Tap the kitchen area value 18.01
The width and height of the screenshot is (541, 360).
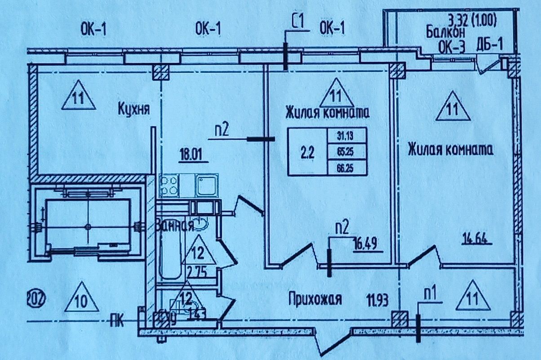pyautogui.click(x=193, y=157)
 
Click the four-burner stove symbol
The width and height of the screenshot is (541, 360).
pyautogui.click(x=169, y=185)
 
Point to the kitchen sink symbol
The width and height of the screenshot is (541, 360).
pyautogui.click(x=207, y=185)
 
